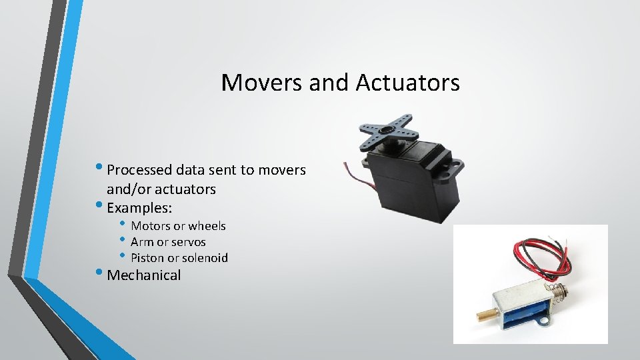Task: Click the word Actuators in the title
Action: click(x=407, y=83)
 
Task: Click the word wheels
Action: click(x=207, y=226)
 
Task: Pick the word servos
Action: click(x=188, y=242)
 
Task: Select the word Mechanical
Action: click(x=144, y=275)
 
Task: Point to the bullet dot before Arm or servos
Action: click(x=123, y=240)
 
